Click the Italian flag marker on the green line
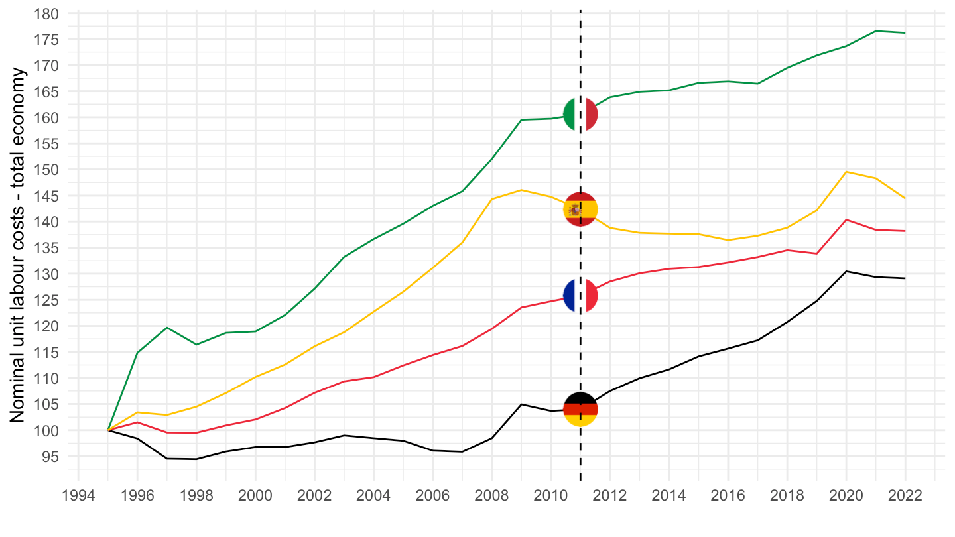[580, 115]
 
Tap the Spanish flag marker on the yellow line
[580, 209]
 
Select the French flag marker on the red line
[580, 296]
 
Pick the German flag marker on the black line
[580, 409]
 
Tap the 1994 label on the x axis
[78, 496]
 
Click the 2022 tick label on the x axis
[905, 496]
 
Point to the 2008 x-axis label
[491, 496]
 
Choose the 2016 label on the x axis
[728, 496]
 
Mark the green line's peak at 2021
[875, 31]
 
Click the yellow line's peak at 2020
[846, 172]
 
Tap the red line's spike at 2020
[846, 219]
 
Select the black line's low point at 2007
[462, 451]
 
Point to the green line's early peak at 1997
[167, 328]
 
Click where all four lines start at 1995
[108, 430]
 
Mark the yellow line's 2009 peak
[521, 190]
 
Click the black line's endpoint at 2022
[905, 278]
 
